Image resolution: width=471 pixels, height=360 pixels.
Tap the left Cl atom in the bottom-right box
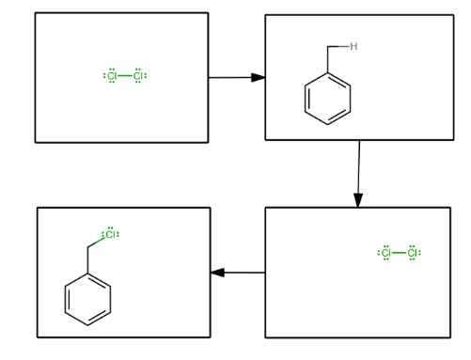[385, 253]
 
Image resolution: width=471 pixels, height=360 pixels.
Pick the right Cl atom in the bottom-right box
[413, 253]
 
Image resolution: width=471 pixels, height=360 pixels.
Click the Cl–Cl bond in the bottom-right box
[400, 253]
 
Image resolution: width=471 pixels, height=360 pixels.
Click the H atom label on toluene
[353, 46]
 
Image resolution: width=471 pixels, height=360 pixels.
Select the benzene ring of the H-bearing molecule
[328, 99]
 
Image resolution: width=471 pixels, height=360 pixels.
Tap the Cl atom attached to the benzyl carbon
[110, 234]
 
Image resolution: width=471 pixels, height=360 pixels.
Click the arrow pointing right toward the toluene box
[236, 77]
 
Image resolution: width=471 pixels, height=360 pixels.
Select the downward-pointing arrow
[358, 174]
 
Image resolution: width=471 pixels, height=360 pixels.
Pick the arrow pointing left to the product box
[238, 273]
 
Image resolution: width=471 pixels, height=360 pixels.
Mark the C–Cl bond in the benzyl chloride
[97, 240]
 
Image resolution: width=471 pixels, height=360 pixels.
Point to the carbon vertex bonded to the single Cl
[87, 246]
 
